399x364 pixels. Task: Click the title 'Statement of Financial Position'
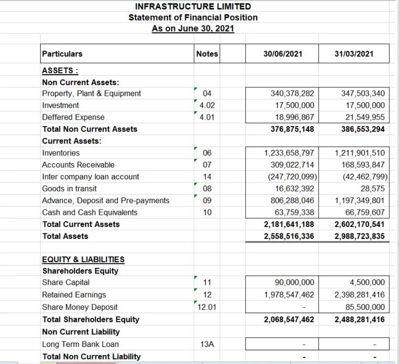[193, 18]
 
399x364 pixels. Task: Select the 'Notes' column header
[207, 54]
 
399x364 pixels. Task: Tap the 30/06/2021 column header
[283, 54]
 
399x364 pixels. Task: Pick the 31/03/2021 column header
[354, 54]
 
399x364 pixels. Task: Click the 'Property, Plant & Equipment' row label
[92, 94]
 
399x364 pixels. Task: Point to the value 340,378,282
[293, 94]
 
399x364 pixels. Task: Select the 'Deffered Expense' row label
[73, 117]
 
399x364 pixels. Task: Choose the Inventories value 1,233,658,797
[289, 153]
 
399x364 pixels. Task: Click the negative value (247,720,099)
[291, 177]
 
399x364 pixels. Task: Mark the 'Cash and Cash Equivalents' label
[90, 212]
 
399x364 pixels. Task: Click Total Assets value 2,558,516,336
[289, 236]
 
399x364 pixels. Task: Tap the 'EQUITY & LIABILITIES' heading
[83, 260]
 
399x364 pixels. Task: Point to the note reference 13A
[207, 344]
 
